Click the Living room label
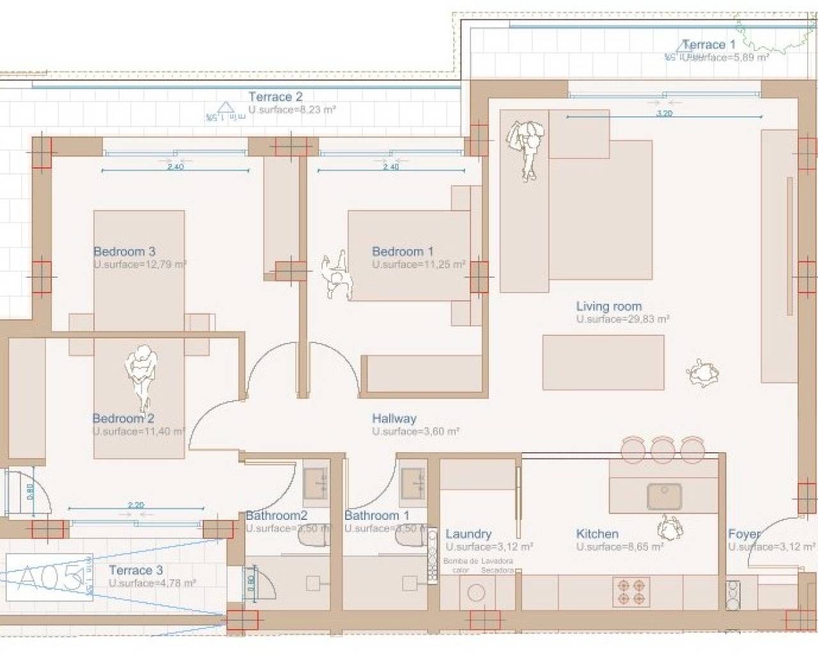point(608,307)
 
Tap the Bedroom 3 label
point(124,252)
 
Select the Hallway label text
point(394,419)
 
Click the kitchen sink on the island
point(664,497)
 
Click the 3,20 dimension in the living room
point(665,114)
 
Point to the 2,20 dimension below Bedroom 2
point(135,505)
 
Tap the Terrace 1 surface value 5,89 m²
point(725,57)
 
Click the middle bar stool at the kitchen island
point(663,449)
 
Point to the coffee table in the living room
point(603,362)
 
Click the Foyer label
point(744,534)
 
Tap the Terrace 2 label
point(275,97)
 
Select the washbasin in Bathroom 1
point(412,481)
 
